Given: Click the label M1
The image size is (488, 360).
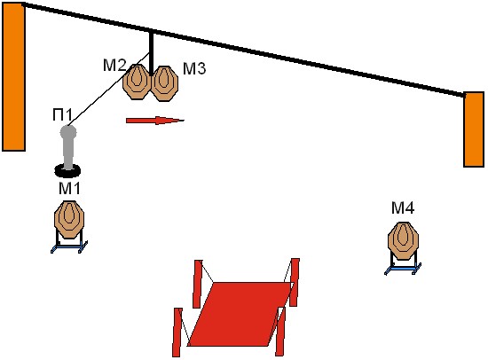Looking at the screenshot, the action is [x=69, y=188].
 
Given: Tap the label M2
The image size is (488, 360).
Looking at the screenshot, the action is [x=114, y=66].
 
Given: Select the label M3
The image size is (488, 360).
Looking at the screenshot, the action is [x=194, y=68].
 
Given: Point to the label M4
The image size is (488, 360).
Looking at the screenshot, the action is [x=403, y=207].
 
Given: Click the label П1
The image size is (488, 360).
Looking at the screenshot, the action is [x=62, y=114].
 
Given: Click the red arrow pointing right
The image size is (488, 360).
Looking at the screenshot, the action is [x=155, y=121].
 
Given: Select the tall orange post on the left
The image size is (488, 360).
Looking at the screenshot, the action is [x=13, y=77].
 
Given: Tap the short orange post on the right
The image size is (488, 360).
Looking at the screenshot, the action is [x=474, y=129].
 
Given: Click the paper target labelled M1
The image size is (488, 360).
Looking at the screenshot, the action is [x=69, y=220].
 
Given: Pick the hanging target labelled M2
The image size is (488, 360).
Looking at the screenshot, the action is [x=137, y=82].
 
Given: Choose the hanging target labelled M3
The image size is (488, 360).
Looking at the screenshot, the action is [x=165, y=83].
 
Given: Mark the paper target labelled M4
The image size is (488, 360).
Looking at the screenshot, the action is [x=403, y=241].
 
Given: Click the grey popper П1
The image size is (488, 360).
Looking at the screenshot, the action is [x=68, y=147].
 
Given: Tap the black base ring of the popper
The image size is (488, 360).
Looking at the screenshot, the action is [x=67, y=170].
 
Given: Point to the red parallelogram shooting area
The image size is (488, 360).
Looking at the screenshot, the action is [x=240, y=314].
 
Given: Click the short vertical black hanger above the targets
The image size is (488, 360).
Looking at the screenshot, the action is [x=151, y=53].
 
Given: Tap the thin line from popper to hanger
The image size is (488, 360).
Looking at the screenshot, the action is [x=109, y=90].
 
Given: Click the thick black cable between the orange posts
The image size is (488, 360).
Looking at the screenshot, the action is [x=244, y=50].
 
